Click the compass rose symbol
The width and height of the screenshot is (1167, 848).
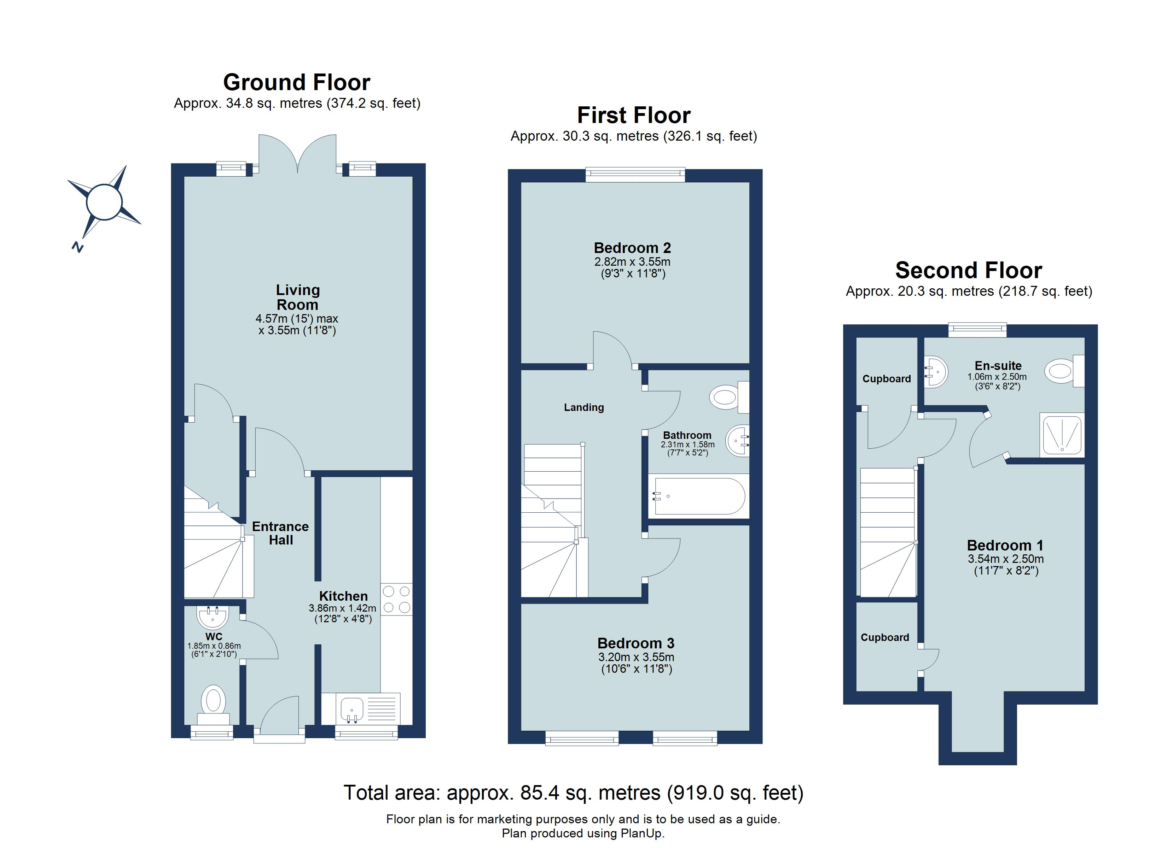tap(104, 202)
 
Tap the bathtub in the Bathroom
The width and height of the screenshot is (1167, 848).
tap(698, 496)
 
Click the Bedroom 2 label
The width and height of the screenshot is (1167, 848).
tap(632, 248)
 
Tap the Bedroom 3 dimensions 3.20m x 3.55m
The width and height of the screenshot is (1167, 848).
tap(636, 657)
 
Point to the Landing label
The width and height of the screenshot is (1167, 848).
tap(583, 407)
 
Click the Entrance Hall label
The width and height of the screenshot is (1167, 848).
tap(280, 533)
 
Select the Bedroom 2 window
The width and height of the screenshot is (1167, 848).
tap(635, 175)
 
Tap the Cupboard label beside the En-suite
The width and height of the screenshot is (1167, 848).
tap(886, 379)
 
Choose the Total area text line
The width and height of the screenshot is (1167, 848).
tap(573, 793)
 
